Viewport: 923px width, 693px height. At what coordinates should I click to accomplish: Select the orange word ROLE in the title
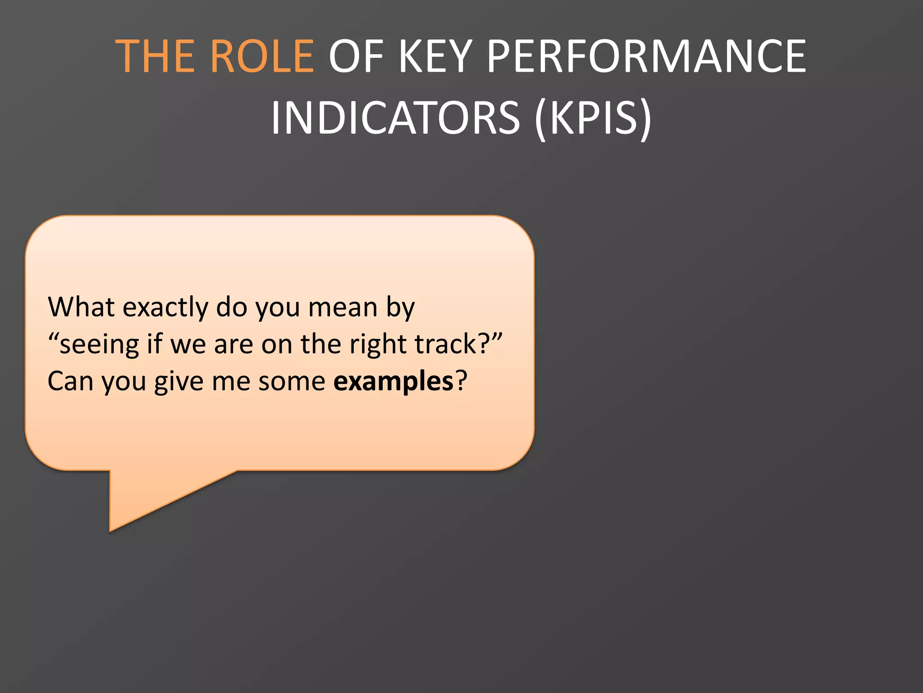[262, 56]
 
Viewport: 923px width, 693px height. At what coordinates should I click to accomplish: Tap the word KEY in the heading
[435, 56]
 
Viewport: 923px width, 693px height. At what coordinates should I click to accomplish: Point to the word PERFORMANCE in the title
[646, 56]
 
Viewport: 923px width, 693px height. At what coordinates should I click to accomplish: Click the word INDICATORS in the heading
[395, 118]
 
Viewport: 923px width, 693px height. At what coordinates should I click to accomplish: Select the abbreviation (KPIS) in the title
[593, 118]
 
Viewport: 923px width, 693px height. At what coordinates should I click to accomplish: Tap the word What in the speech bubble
[81, 307]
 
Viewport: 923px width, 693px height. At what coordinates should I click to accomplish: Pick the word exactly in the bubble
[165, 308]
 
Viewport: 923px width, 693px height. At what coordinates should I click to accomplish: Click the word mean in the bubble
[343, 307]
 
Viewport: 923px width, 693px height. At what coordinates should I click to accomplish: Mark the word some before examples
[292, 381]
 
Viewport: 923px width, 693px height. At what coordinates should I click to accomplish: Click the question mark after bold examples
[461, 381]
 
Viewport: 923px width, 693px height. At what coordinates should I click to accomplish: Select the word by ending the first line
[400, 308]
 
